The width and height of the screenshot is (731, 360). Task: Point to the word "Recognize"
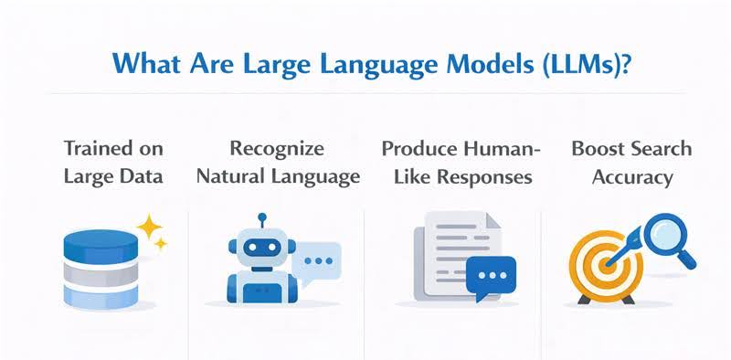pos(277,149)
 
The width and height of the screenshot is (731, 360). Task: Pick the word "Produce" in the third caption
pos(418,149)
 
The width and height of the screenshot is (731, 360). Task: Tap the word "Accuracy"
pos(632,176)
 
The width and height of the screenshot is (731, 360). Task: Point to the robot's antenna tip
pos(261,218)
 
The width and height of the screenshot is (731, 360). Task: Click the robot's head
pos(261,246)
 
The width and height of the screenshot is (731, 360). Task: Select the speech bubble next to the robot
pos(320,259)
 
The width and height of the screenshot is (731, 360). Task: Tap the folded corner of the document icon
pos(490,221)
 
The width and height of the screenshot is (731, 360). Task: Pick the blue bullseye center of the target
pos(606,269)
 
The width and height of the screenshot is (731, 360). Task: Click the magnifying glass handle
pos(687,260)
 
